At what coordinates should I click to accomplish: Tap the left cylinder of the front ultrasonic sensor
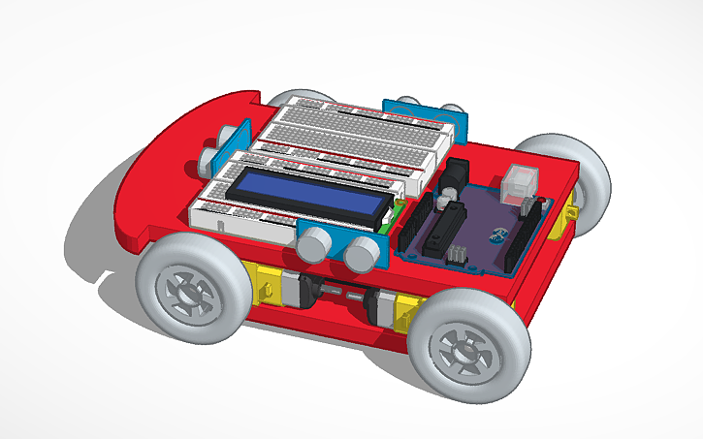tap(314, 246)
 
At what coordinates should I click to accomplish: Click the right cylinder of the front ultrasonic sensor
tap(363, 254)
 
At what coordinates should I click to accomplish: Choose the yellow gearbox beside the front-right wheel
tap(405, 308)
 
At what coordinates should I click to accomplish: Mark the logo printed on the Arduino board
tap(497, 233)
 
